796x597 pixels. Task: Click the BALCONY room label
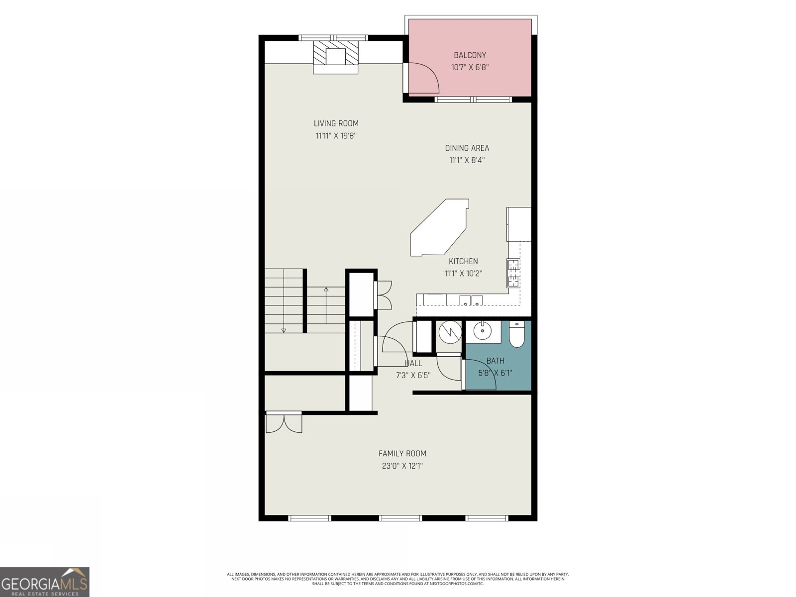[470, 55]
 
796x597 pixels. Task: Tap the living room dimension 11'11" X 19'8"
[336, 135]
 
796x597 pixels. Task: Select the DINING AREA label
[467, 148]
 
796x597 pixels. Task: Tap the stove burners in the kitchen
[513, 273]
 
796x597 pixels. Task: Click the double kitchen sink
[471, 299]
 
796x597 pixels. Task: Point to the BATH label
[495, 361]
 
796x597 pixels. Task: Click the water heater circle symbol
[450, 333]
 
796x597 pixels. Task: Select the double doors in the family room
[284, 423]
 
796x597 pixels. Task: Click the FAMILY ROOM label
[402, 453]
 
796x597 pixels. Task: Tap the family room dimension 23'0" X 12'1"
[402, 466]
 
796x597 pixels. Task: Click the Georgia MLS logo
[45, 582]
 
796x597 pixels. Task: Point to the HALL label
[413, 363]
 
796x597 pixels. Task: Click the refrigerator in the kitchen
[519, 224]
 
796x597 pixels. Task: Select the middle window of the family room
[400, 518]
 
